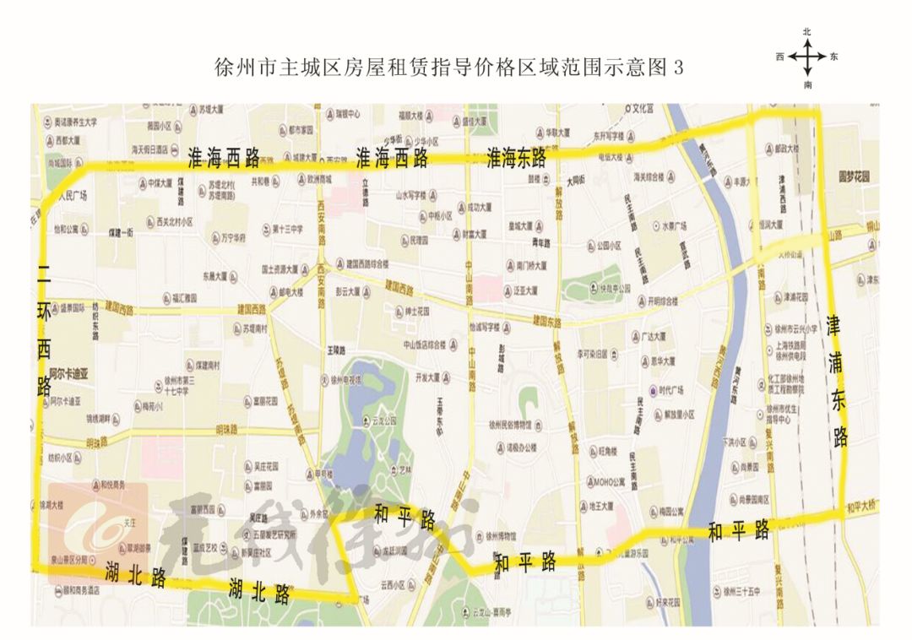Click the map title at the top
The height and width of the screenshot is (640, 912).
(448, 68)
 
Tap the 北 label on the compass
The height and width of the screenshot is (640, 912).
(807, 32)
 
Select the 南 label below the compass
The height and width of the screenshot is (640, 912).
(808, 85)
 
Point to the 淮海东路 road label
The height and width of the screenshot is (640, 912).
(516, 159)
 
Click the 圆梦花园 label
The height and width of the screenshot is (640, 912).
(853, 177)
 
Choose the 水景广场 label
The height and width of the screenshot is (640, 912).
(673, 226)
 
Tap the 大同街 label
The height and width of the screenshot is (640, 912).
(577, 180)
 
